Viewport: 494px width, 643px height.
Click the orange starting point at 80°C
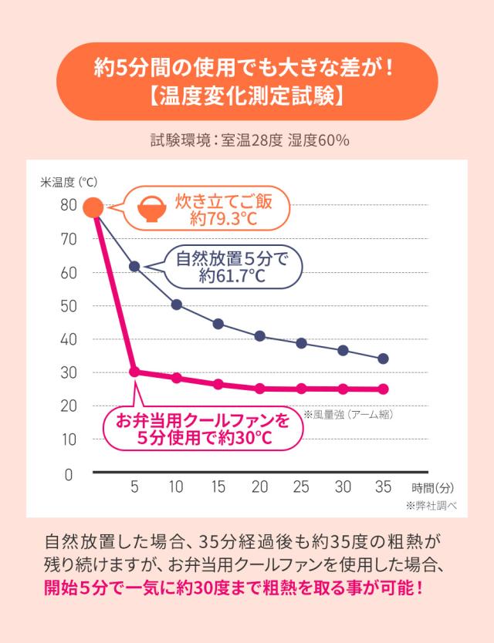tap(93, 207)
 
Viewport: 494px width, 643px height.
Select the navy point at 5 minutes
tap(134, 266)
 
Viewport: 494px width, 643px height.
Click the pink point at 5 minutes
tap(134, 372)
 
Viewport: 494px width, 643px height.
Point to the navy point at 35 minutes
tap(384, 359)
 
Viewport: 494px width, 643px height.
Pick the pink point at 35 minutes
tap(384, 389)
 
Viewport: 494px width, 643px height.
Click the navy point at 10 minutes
tap(177, 305)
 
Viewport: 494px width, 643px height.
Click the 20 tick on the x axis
tap(260, 486)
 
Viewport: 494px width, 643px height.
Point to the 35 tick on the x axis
tap(383, 486)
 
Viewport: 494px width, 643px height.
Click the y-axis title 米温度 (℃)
tap(69, 183)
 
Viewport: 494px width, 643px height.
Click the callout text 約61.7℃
tap(232, 276)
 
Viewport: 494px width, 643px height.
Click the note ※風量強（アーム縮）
tap(349, 414)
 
